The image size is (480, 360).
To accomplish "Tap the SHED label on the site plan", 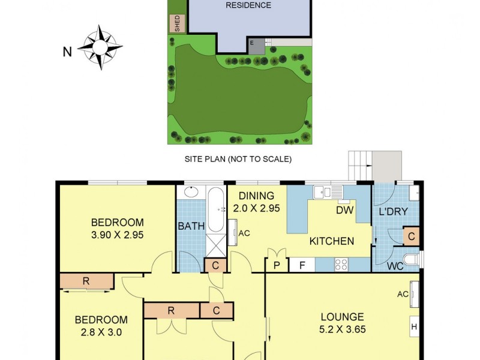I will pyautogui.click(x=177, y=23).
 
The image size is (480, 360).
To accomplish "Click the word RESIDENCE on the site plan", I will pyautogui.click(x=248, y=5).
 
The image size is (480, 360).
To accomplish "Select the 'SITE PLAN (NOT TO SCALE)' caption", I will pyautogui.click(x=238, y=159).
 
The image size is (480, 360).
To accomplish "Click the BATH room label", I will pyautogui.click(x=191, y=226).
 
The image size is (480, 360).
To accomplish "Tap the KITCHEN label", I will pyautogui.click(x=331, y=241).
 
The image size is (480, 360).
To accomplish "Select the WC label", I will pyautogui.click(x=394, y=265).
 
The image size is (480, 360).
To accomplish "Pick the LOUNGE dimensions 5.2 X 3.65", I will pyautogui.click(x=343, y=329).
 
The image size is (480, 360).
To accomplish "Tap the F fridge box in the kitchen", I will pyautogui.click(x=302, y=265).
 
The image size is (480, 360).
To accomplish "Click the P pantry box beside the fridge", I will pyautogui.click(x=277, y=265).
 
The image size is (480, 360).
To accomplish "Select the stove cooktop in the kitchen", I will pyautogui.click(x=341, y=264).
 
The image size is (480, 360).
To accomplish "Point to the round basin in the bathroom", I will pyautogui.click(x=190, y=193).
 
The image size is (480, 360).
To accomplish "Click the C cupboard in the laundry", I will pyautogui.click(x=412, y=236).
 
